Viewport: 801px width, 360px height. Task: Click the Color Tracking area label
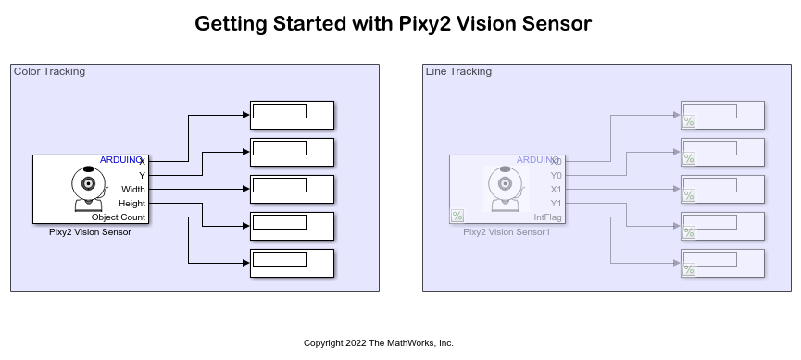pos(49,71)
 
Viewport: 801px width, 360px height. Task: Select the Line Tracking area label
pos(458,71)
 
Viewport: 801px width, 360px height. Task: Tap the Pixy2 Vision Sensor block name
pos(90,232)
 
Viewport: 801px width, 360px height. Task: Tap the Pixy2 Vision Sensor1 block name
pos(507,232)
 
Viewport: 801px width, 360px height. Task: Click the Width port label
pos(133,189)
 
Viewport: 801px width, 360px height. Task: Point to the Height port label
pos(131,203)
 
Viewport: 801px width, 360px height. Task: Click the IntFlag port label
pos(547,217)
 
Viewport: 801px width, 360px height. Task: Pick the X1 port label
pos(556,189)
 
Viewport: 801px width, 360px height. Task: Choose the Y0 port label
pos(556,175)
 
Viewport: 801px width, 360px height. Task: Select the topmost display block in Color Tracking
pos(292,115)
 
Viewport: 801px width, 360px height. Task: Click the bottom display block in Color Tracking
pos(292,263)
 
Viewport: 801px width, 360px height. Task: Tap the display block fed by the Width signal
pos(292,189)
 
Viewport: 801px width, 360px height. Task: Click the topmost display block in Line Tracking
pos(722,115)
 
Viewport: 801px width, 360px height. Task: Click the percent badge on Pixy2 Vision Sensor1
pos(457,216)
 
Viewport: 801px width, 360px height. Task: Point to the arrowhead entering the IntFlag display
pos(677,263)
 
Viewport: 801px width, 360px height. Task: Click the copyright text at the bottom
pos(379,343)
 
